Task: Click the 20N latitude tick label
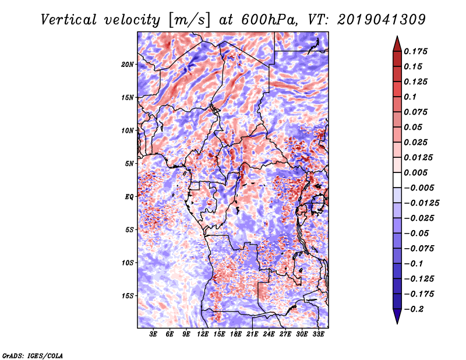128,65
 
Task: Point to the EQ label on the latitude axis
129,197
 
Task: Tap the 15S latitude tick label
128,296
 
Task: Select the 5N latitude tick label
129,164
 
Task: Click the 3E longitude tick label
153,334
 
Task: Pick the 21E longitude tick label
252,334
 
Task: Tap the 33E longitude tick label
318,334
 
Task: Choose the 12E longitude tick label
203,334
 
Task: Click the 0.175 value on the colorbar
415,51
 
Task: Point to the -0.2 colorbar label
414,309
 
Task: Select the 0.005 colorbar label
415,172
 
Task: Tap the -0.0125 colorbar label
421,203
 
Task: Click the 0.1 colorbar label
410,97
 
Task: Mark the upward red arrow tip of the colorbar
397,36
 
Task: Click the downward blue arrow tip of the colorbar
397,323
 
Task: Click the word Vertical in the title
69,20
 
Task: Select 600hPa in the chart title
269,20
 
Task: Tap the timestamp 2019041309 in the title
382,20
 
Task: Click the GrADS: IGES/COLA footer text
33,356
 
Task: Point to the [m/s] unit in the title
189,20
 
